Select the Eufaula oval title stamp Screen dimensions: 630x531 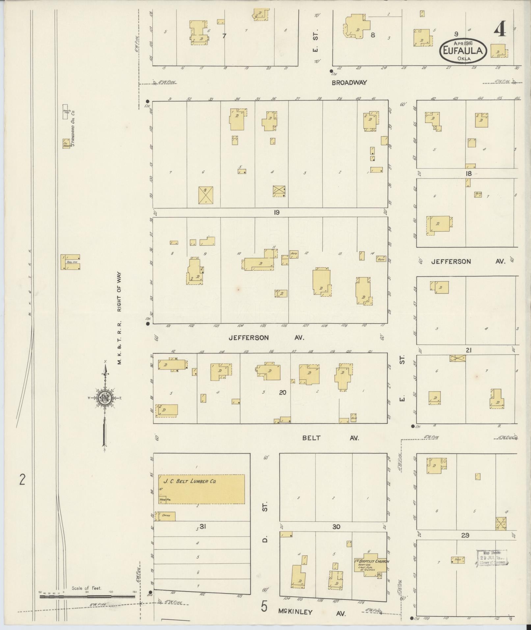(463, 50)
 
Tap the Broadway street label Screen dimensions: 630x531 (349, 83)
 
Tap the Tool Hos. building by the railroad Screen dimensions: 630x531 (70, 262)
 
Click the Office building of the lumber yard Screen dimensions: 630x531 (165, 516)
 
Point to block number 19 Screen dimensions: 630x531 (276, 212)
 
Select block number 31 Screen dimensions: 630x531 (202, 527)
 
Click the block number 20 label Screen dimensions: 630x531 (282, 392)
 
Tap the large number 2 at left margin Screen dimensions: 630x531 (22, 480)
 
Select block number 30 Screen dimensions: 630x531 (336, 527)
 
